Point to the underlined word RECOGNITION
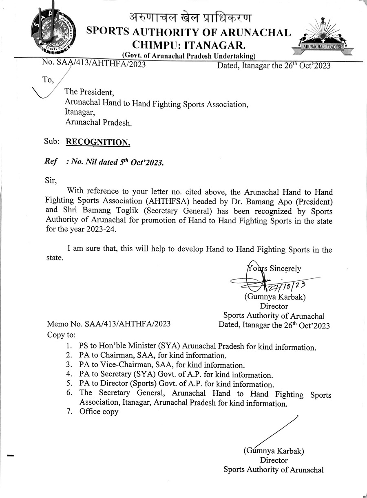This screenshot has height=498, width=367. tap(98, 142)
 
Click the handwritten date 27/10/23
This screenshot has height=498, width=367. tap(289, 285)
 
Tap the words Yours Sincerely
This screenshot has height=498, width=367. tap(274, 268)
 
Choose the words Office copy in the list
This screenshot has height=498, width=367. tap(99, 412)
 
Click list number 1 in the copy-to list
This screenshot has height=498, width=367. tap(70, 347)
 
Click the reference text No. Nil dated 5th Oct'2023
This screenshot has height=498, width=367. tap(115, 162)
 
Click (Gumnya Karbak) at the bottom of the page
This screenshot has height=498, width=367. tap(274, 451)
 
